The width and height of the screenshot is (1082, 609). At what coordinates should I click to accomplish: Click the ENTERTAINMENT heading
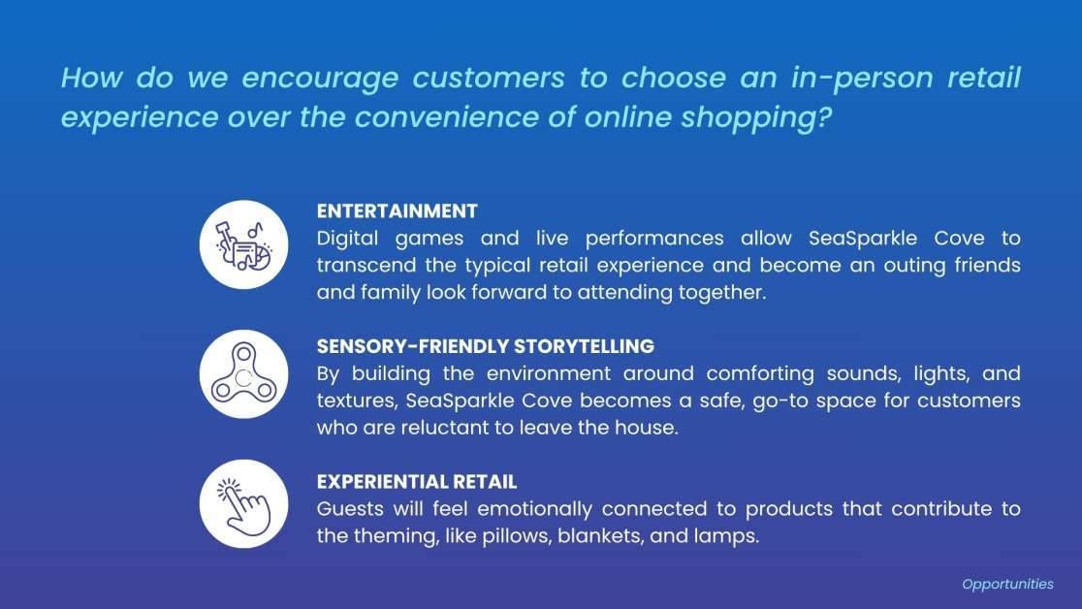(397, 211)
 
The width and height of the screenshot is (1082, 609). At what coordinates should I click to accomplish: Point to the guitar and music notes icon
(243, 244)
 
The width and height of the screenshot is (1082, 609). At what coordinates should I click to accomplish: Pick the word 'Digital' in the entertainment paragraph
(347, 239)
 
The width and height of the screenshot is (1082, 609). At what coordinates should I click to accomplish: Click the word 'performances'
(654, 239)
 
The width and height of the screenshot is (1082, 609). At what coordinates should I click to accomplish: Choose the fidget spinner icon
(243, 374)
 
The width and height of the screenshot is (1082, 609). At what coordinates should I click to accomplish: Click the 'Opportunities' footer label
(1007, 584)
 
